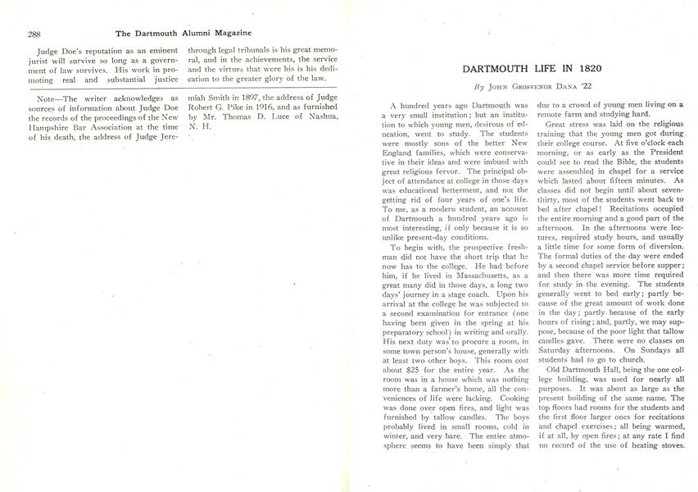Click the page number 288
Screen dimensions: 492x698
(34, 34)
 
